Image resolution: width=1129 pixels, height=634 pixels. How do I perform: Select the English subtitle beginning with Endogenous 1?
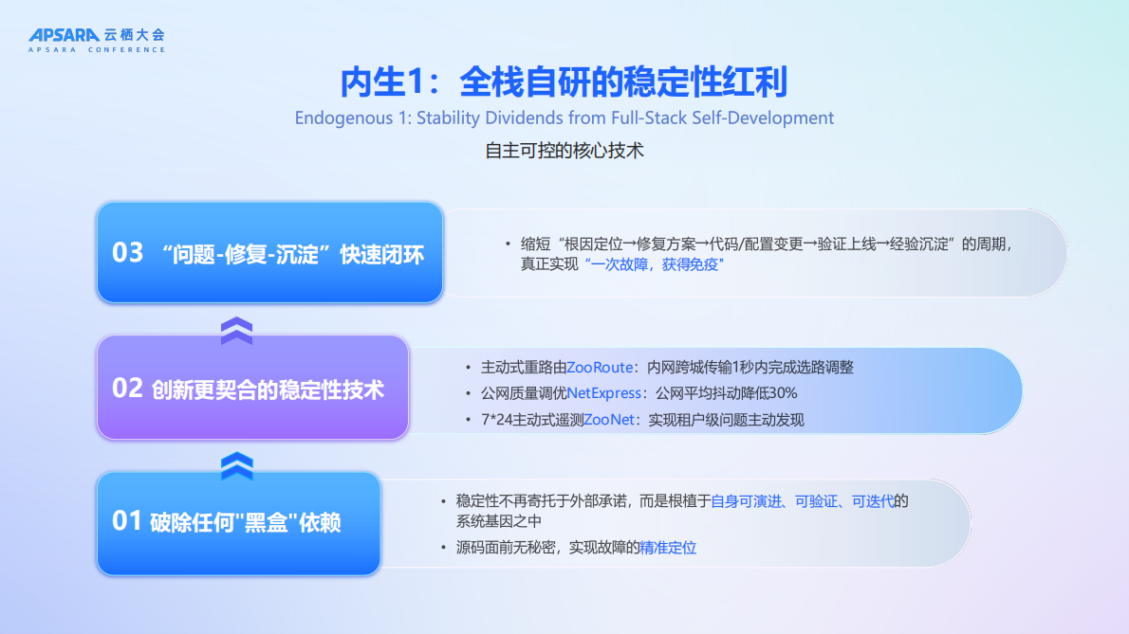tap(564, 118)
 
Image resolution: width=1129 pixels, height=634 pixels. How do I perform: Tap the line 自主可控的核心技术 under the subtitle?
tap(564, 151)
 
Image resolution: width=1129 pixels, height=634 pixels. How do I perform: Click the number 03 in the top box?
tap(128, 253)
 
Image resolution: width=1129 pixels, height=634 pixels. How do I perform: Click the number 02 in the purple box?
tap(127, 389)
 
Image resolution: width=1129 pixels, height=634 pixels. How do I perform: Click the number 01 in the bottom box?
tap(127, 521)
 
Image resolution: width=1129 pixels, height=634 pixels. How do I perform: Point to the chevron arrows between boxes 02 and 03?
tap(236, 331)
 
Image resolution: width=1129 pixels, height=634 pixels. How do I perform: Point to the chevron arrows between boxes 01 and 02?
tap(236, 465)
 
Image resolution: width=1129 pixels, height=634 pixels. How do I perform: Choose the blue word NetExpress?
tap(604, 393)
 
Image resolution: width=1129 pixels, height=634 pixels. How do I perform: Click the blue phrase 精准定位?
tap(668, 547)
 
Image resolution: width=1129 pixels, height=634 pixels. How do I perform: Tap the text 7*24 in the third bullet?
tap(485, 419)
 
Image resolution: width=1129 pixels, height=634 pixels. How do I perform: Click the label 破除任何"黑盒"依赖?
tap(246, 522)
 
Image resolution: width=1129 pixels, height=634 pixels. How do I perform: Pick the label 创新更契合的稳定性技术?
tap(268, 389)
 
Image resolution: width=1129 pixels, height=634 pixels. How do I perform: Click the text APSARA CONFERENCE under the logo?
tap(96, 50)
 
